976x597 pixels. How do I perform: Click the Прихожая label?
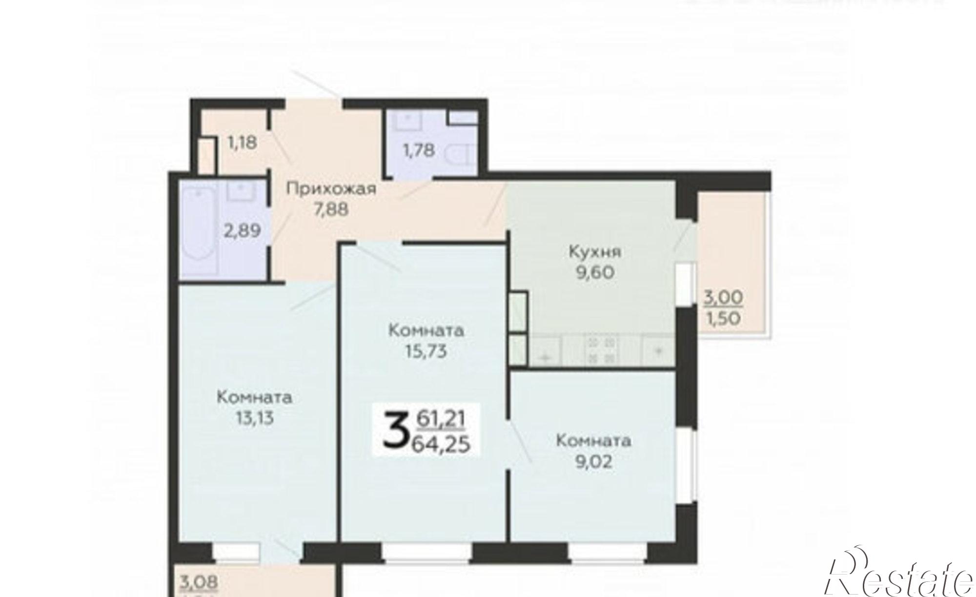tap(331, 188)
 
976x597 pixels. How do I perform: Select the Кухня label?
tap(595, 252)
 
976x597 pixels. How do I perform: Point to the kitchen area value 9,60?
tap(595, 272)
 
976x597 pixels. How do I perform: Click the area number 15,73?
tap(426, 351)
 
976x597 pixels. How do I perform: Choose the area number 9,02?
tap(593, 461)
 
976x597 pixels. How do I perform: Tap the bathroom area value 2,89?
tap(242, 230)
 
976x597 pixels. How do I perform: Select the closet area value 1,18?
tap(242, 143)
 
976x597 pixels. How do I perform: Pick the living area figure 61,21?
tap(441, 418)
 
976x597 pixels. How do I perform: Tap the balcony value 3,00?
tap(723, 297)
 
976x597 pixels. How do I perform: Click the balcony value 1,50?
tap(723, 318)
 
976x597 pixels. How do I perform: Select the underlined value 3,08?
tap(199, 582)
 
